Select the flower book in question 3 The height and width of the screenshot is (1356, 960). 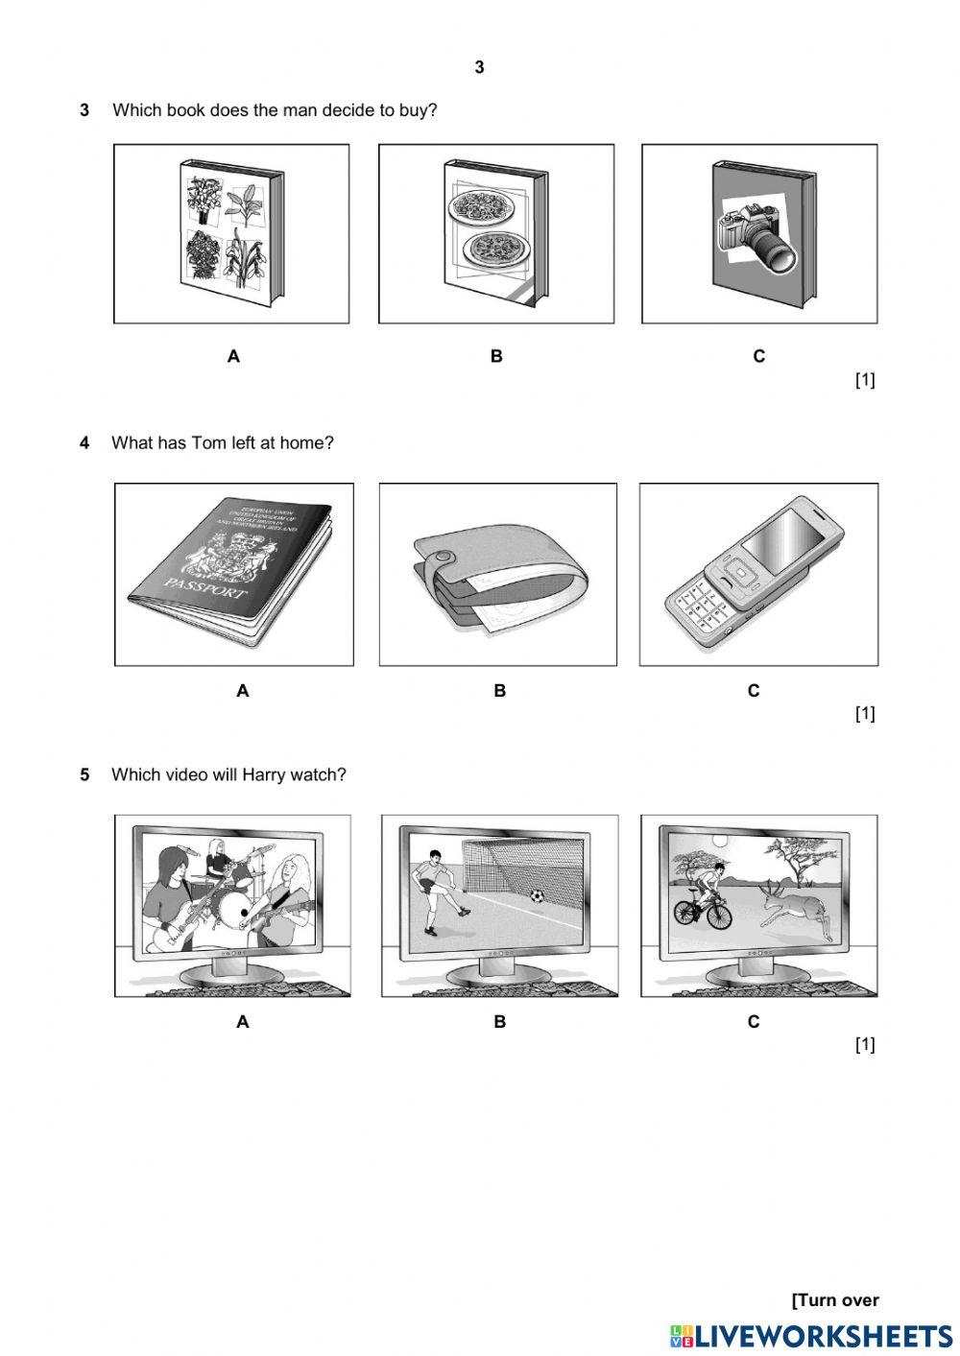(x=231, y=234)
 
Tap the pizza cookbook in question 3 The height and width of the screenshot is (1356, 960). (x=494, y=234)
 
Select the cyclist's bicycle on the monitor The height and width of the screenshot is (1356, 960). (x=702, y=910)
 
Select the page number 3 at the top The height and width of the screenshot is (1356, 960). (x=479, y=67)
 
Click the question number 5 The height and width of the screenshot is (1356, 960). (x=84, y=774)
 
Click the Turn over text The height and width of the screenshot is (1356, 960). (x=834, y=1300)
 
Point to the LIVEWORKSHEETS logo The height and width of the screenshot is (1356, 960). (x=811, y=1336)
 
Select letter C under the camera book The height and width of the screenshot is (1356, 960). (x=758, y=356)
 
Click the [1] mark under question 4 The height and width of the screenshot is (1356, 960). (x=864, y=713)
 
